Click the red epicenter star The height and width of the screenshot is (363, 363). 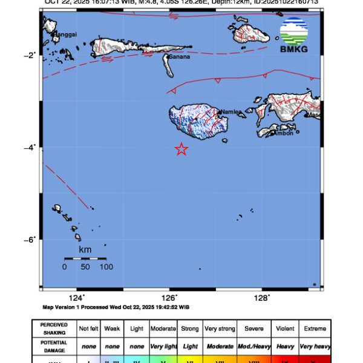coord(181,149)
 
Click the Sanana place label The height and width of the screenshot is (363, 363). coord(180,57)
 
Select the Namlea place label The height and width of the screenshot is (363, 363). coord(231,112)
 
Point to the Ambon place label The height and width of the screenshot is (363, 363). coord(283,133)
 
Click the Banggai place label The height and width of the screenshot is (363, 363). coord(65,34)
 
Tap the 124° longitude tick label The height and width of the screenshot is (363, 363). coord(76,298)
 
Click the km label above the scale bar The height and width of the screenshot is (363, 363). coord(85,249)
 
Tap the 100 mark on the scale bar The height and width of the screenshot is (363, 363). coord(106,267)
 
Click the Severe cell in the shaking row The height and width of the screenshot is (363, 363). coord(254,329)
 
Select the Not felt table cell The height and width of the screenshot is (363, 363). coord(88,329)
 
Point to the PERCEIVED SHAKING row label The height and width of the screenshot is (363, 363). coord(54,329)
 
